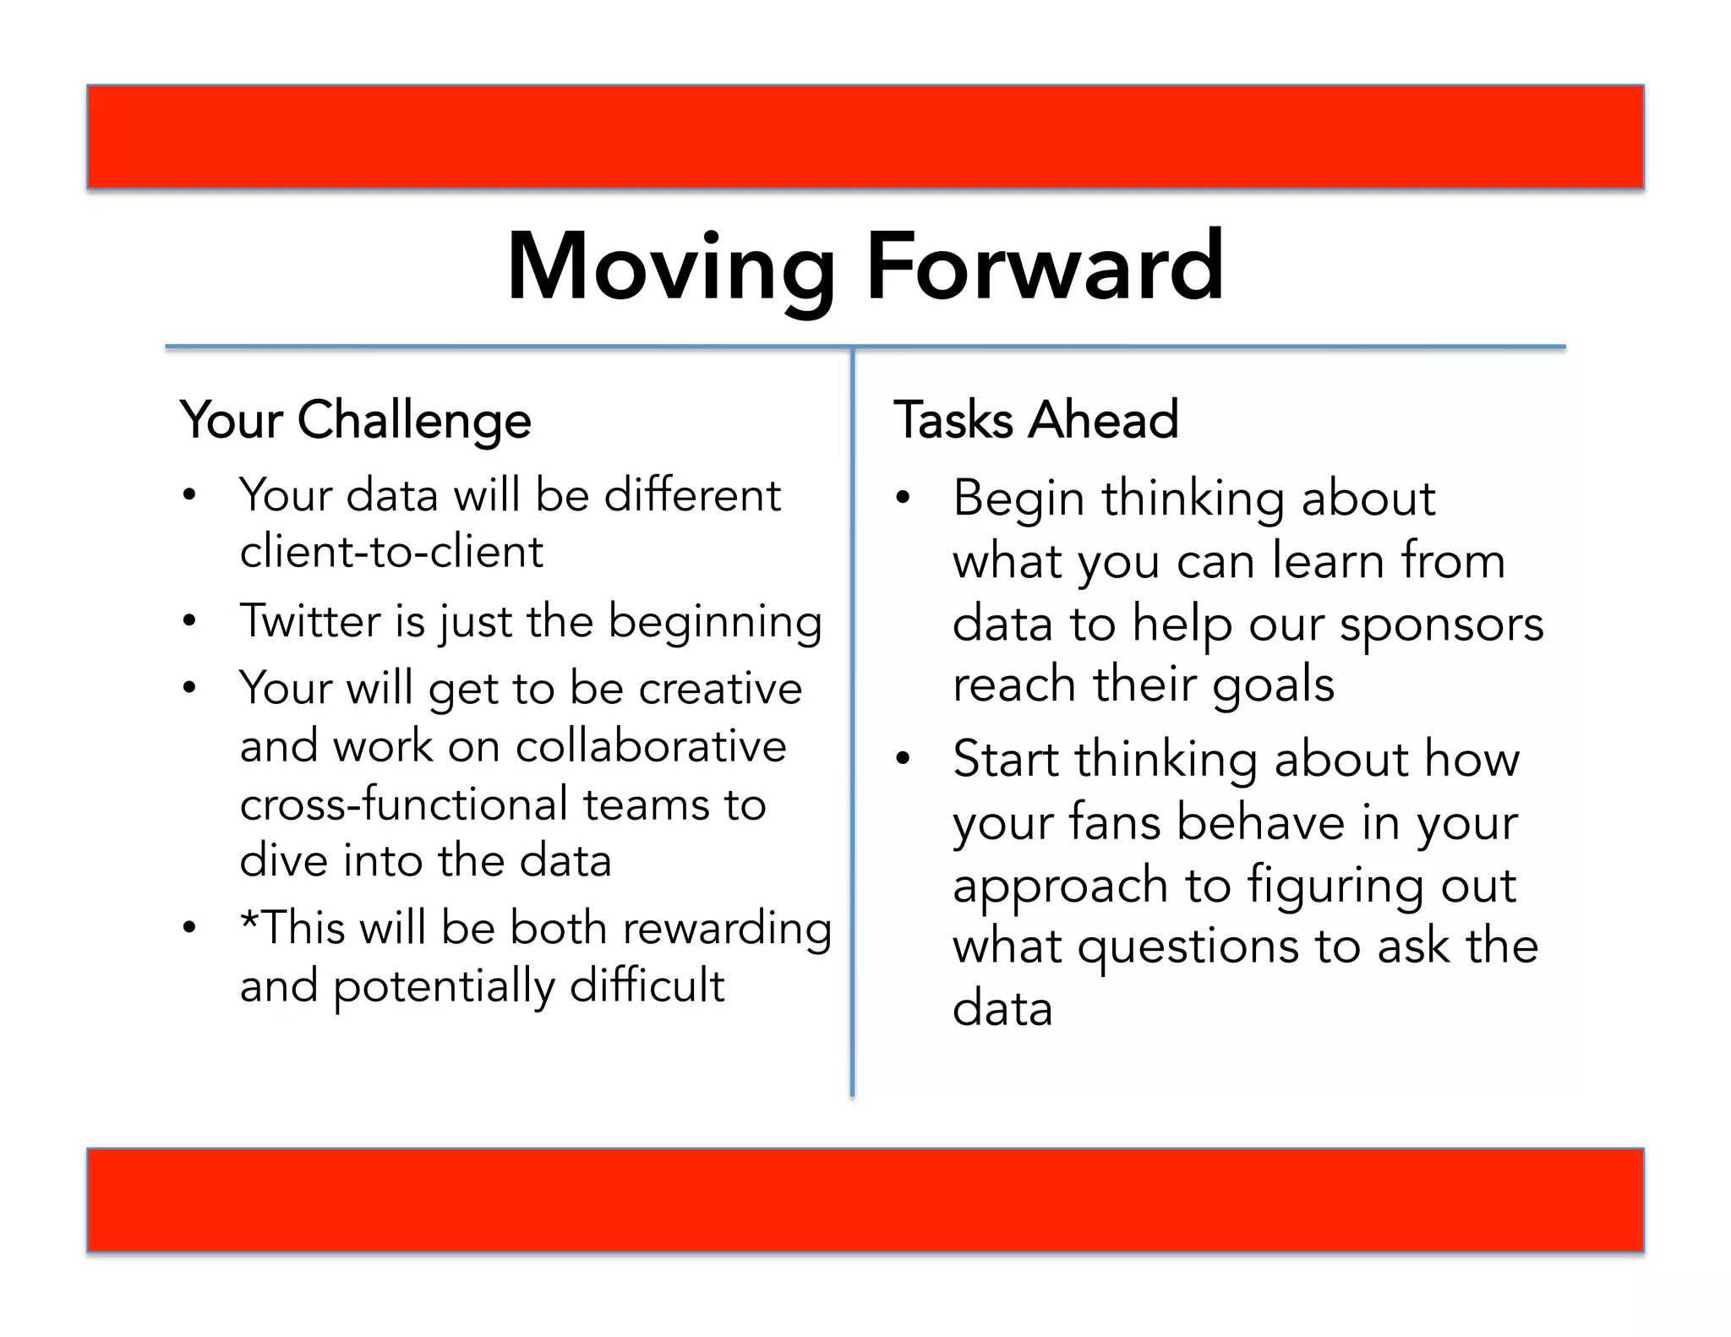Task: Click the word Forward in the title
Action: tap(1045, 267)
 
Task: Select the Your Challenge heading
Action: tap(356, 420)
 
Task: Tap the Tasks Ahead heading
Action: tap(1035, 420)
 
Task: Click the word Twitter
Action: tap(309, 621)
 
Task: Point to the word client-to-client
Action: tap(391, 552)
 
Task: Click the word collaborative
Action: tap(651, 746)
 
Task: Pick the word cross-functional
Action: tap(404, 804)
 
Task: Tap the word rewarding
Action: tap(727, 929)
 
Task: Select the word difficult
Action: tap(647, 985)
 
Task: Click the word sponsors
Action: tap(1441, 624)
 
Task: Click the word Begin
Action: tap(1018, 498)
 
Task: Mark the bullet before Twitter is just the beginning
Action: tap(189, 622)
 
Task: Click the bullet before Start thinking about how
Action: tap(903, 759)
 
